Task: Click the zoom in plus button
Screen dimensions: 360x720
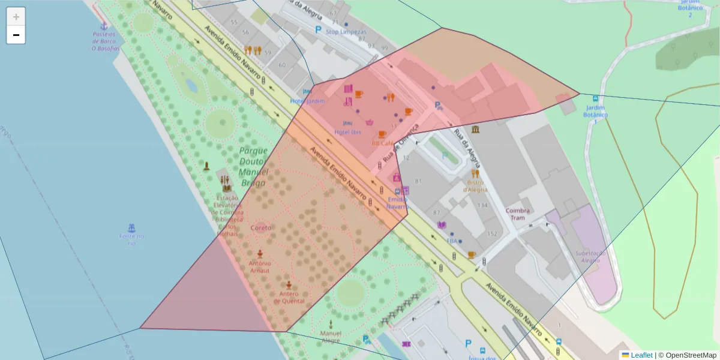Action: (x=16, y=17)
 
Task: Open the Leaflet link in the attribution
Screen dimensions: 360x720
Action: (x=641, y=355)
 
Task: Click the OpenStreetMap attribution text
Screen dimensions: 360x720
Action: (x=691, y=355)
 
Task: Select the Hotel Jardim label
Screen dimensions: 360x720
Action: (x=307, y=101)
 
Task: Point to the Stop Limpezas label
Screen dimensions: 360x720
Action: (x=345, y=31)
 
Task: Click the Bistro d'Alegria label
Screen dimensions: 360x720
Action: (x=475, y=186)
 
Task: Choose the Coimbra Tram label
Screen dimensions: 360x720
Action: (x=517, y=214)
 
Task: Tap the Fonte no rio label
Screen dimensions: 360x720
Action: (x=132, y=239)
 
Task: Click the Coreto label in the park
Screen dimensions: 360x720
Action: (x=260, y=228)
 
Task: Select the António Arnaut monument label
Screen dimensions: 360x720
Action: (x=260, y=266)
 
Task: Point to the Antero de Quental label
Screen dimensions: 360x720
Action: (x=289, y=297)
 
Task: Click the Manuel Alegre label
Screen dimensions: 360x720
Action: (x=331, y=337)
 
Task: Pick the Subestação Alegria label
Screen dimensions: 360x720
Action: (x=591, y=257)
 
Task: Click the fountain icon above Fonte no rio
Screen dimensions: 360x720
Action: (x=131, y=227)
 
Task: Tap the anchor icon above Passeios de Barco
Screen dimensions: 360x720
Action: (x=103, y=26)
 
